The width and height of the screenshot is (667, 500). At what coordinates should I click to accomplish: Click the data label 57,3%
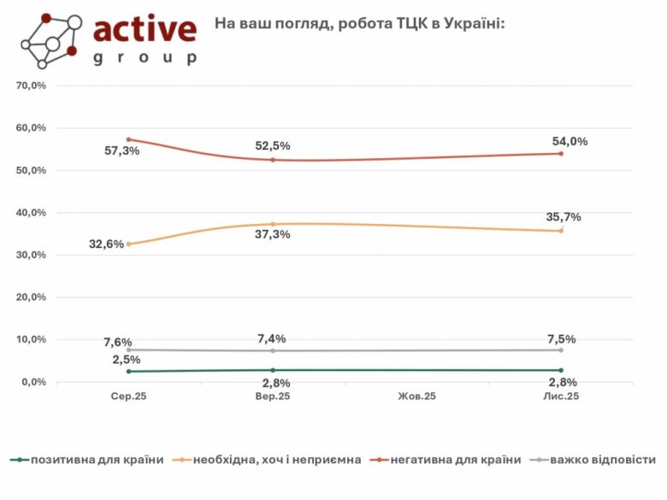(x=121, y=151)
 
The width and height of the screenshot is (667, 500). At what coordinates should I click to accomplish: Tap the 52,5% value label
(x=274, y=146)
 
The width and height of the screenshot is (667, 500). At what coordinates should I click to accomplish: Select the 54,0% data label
(x=570, y=142)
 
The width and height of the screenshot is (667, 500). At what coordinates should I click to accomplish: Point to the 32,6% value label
(x=106, y=244)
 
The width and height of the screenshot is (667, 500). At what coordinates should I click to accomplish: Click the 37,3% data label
(x=274, y=235)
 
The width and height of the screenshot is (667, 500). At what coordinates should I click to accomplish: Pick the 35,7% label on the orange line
(x=564, y=217)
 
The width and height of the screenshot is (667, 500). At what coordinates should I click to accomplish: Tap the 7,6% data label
(x=118, y=343)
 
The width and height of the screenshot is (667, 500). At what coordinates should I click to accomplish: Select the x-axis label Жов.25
(x=417, y=397)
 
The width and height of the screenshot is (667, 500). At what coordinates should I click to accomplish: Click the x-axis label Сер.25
(x=128, y=397)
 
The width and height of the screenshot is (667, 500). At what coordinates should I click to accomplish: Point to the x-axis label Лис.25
(x=562, y=397)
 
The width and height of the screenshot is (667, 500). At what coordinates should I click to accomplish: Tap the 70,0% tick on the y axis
(x=31, y=86)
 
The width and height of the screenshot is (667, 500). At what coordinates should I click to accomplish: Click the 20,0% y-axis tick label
(x=31, y=297)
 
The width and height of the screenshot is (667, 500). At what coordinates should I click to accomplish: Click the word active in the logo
(x=145, y=29)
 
